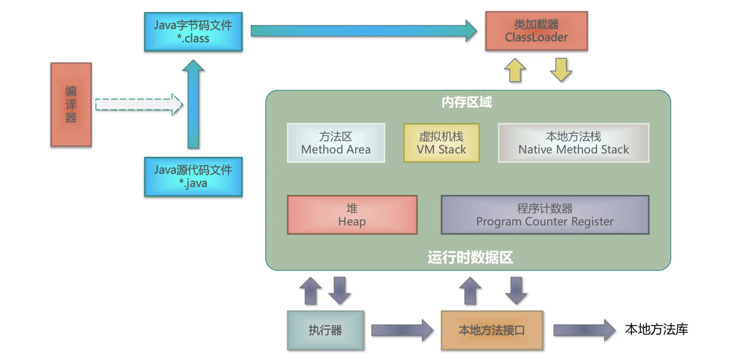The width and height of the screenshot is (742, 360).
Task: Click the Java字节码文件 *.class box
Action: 193,32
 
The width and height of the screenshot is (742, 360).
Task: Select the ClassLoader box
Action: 536,31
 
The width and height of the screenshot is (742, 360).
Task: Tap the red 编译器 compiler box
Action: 71,105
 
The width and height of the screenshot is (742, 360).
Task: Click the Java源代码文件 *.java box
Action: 193,177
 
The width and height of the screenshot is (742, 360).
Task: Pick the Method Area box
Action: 336,143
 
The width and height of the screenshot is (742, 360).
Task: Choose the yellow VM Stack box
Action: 441,143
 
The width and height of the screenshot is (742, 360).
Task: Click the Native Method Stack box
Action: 573,143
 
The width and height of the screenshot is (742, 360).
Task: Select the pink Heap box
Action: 352,215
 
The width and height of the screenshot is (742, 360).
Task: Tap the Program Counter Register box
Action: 545,215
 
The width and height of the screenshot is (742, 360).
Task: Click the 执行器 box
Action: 325,330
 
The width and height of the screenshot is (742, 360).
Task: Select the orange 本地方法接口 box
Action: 491,330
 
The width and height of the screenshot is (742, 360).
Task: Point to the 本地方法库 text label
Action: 656,329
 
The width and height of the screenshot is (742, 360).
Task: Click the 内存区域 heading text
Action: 466,102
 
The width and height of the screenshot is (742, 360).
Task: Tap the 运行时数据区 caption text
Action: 470,257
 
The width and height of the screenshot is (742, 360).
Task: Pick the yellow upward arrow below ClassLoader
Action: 515,71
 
